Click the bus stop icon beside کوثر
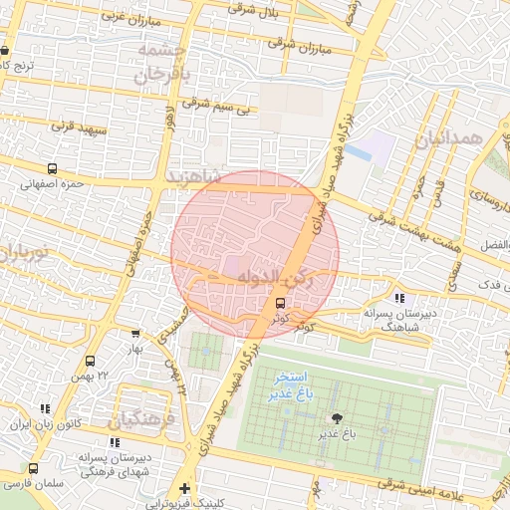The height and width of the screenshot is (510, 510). (280, 303)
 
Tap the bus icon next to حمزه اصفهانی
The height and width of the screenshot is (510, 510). (52, 169)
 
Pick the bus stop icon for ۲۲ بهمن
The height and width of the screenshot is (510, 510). (90, 361)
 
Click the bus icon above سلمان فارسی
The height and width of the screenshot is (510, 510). (34, 468)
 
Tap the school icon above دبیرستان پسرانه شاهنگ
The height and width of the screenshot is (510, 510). (399, 298)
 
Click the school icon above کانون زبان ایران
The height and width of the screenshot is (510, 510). (44, 408)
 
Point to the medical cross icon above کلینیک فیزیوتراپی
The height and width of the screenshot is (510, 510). (184, 488)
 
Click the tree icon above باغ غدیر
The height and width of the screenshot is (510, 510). (336, 418)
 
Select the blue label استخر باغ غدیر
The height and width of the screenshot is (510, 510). (290, 387)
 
